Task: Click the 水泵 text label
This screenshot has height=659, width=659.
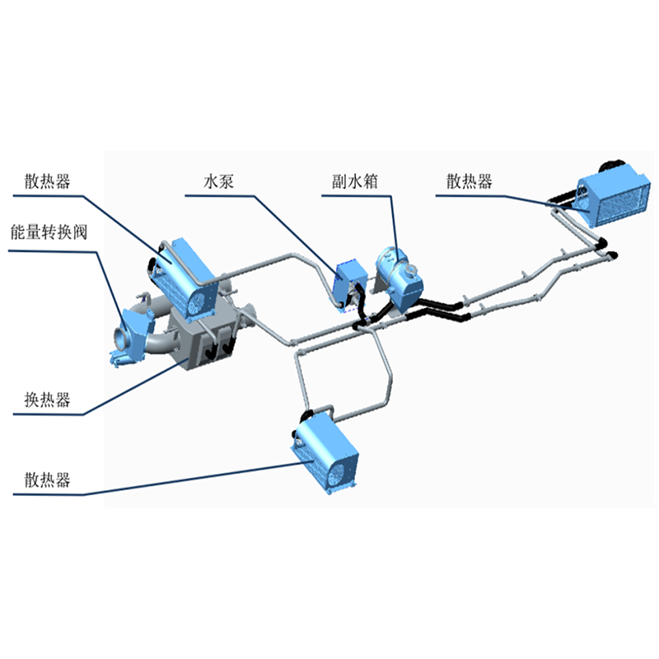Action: [218, 181]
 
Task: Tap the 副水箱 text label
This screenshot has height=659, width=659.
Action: [355, 181]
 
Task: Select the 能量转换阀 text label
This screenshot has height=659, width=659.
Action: [49, 232]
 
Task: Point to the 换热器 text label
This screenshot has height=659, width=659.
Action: [47, 400]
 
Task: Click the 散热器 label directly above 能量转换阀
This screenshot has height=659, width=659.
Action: [47, 181]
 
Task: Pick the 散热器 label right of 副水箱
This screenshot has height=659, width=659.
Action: [470, 181]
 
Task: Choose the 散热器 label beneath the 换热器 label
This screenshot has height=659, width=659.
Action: [47, 479]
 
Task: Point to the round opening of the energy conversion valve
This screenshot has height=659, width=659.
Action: [121, 338]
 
